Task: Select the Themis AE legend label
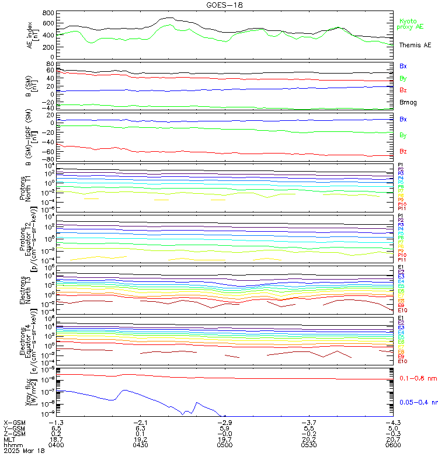415,45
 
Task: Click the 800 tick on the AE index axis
48,13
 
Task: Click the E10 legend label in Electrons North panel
402,311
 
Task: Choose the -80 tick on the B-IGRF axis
49,159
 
